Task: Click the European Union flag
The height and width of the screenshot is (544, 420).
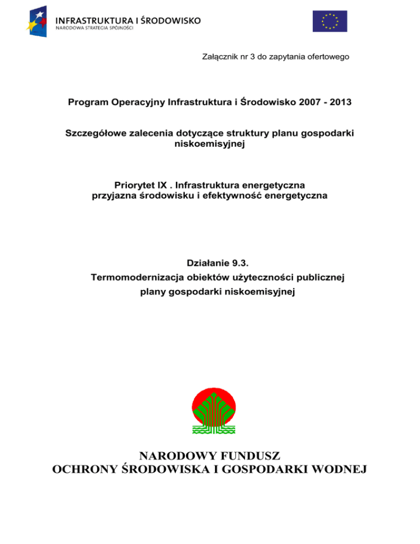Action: click(x=330, y=21)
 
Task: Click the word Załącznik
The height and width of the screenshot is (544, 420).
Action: click(x=219, y=56)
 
